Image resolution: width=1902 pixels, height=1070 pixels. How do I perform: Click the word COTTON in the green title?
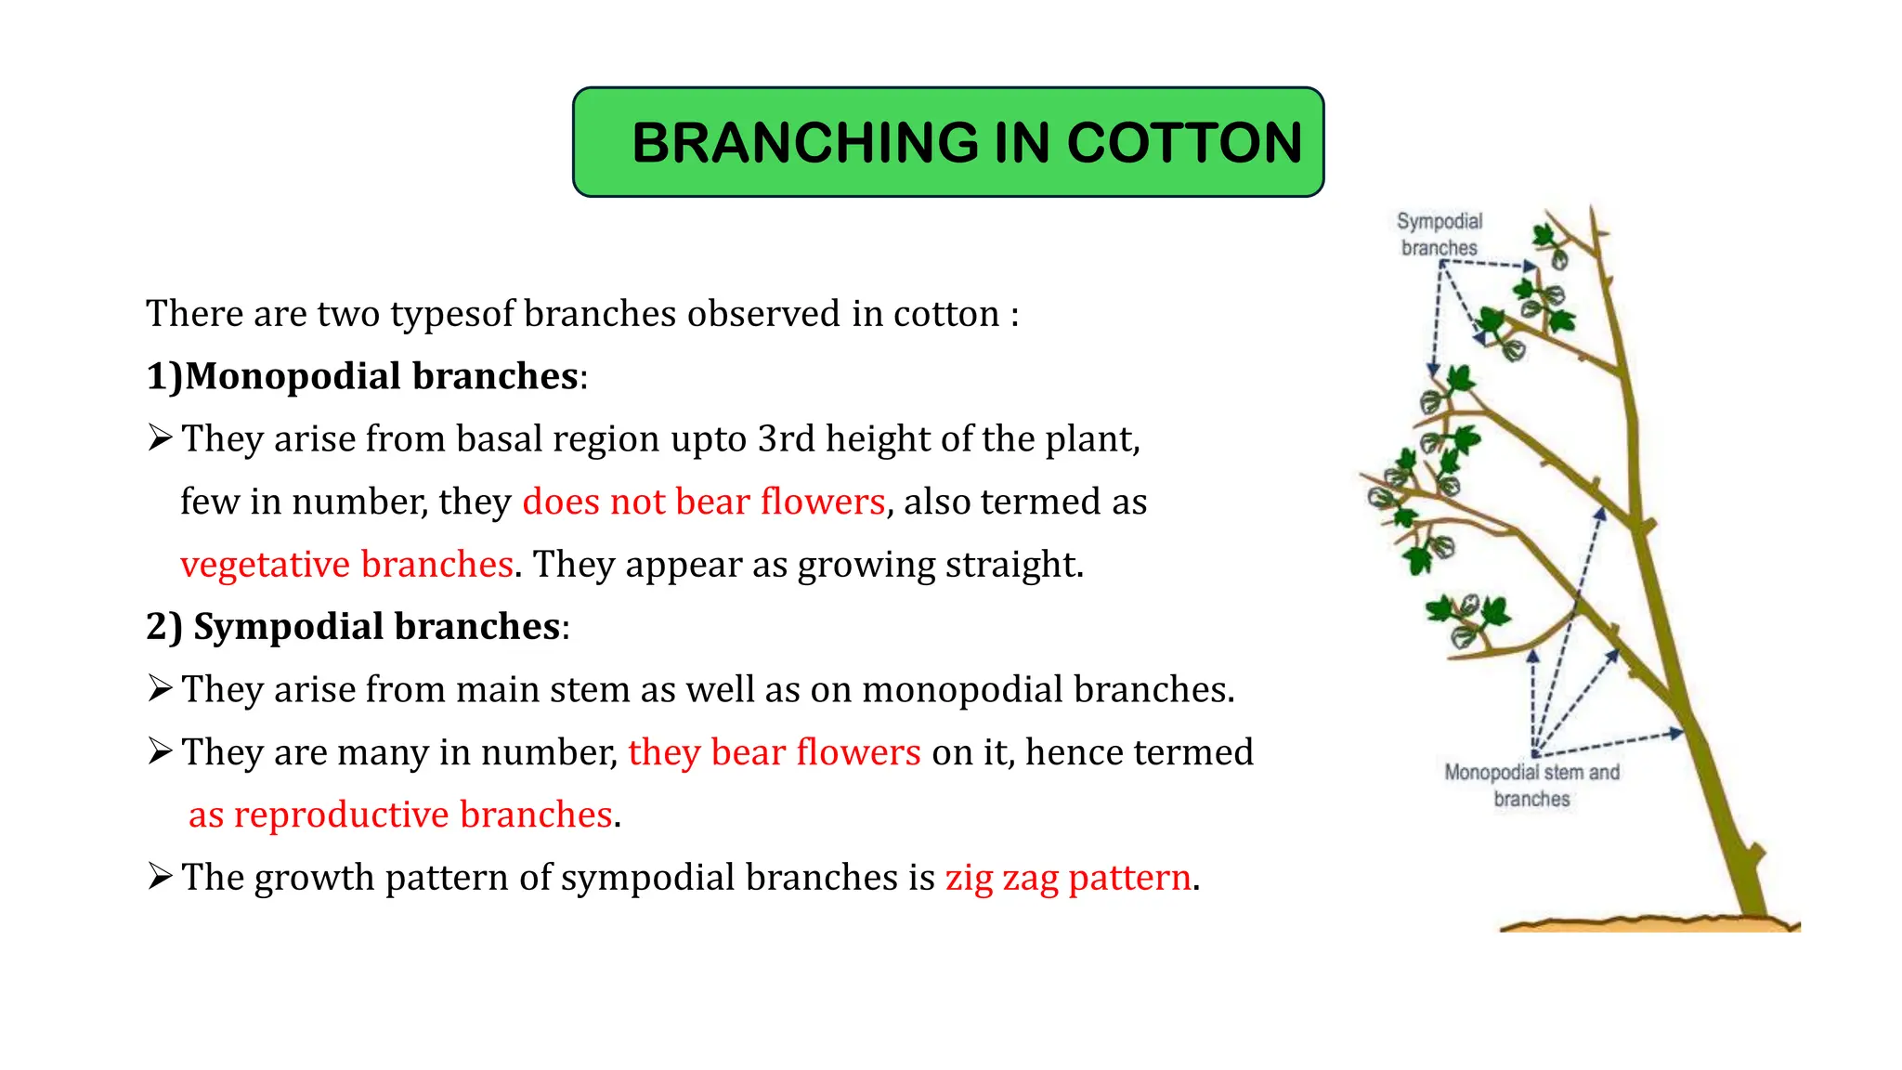tap(1184, 143)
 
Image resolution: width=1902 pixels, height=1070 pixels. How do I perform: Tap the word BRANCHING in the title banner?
tap(805, 143)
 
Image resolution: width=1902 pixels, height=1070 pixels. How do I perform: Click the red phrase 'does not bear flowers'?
tap(703, 502)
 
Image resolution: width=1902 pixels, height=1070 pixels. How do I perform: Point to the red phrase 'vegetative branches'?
tap(346, 564)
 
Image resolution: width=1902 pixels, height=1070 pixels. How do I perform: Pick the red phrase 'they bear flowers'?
tap(774, 751)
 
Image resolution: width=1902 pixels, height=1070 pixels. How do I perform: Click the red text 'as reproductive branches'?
tap(400, 815)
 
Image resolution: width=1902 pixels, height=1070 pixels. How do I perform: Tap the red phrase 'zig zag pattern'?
tap(1068, 877)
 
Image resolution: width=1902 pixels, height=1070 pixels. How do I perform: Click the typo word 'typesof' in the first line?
tap(452, 314)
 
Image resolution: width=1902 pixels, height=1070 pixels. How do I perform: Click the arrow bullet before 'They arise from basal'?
tap(160, 437)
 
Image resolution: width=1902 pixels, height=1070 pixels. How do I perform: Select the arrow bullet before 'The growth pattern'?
tap(160, 876)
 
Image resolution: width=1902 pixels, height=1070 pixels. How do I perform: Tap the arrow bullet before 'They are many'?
tap(160, 750)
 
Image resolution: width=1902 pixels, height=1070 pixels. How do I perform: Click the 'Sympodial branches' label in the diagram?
tap(1439, 234)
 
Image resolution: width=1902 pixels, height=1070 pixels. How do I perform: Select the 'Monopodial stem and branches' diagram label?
tap(1531, 785)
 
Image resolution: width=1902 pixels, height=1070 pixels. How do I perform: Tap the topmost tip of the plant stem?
tap(1592, 210)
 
